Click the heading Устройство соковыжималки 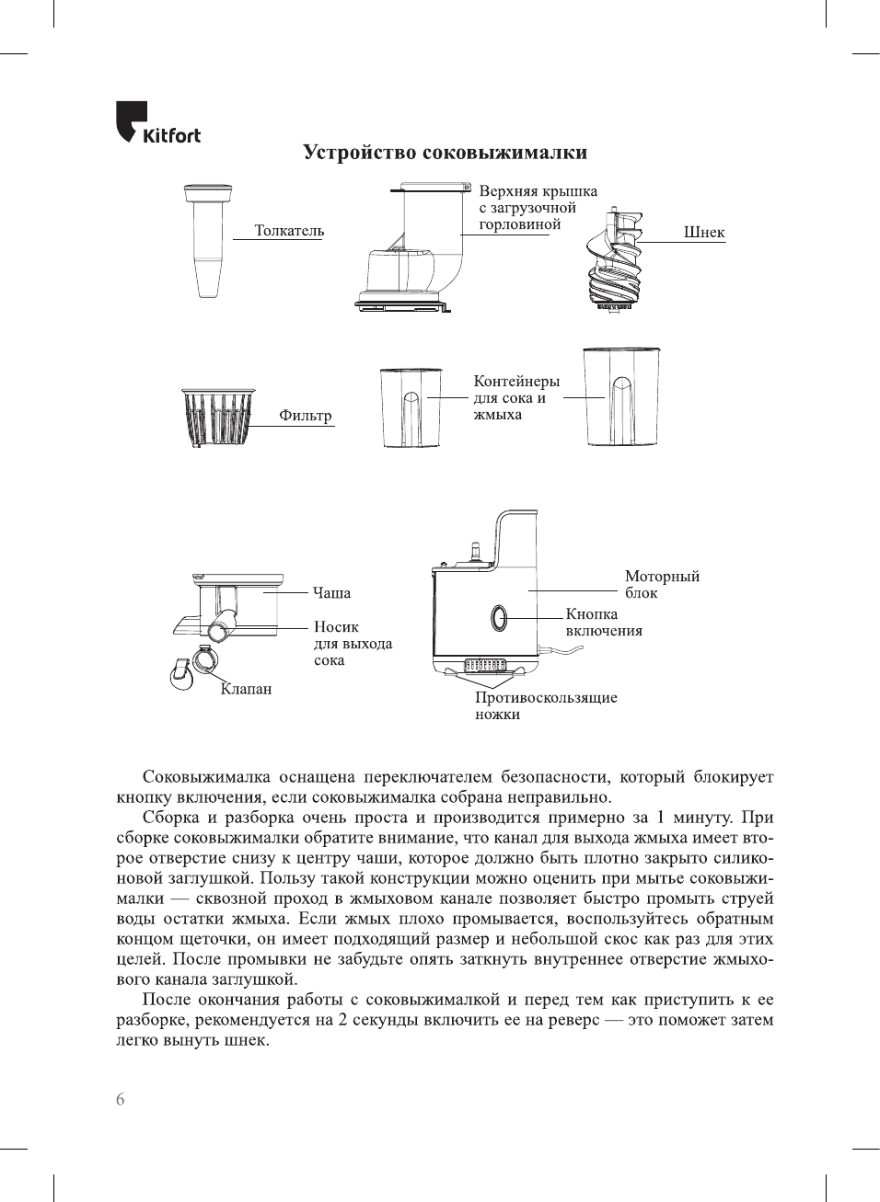(x=445, y=153)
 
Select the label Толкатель (x=289, y=231)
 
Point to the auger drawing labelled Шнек (x=615, y=261)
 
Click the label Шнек (x=704, y=233)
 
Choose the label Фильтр (x=305, y=416)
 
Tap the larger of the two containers (x=621, y=396)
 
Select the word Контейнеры (x=516, y=382)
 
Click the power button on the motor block (x=499, y=618)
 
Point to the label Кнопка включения (x=604, y=623)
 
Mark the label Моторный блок (x=662, y=584)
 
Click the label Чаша (x=331, y=593)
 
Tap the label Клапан (x=246, y=689)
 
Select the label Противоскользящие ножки (x=546, y=705)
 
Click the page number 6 (x=121, y=1100)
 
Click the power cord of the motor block (x=563, y=651)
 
